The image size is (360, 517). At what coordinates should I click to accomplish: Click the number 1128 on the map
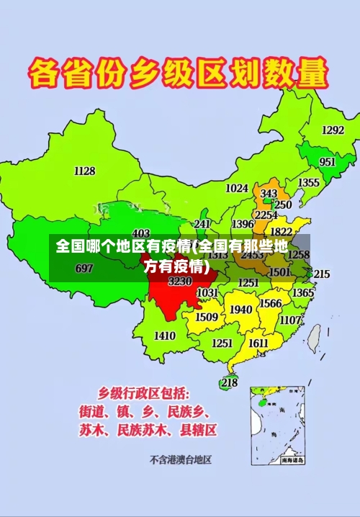84,171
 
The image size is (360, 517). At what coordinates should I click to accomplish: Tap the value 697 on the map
84,269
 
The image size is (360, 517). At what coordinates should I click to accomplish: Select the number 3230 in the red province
180,282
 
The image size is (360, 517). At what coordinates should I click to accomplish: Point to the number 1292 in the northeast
333,130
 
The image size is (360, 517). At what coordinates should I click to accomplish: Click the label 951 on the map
328,162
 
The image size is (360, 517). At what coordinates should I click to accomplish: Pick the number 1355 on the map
309,183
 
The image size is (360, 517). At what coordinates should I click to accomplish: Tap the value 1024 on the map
237,188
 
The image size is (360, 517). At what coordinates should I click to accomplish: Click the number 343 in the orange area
269,194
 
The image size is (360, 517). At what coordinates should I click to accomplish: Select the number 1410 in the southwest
165,336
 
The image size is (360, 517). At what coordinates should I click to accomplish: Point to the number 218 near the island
229,382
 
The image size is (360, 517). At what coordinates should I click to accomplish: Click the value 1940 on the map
240,310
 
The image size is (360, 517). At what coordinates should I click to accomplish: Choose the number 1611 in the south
258,343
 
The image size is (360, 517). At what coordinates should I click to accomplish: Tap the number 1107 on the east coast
290,320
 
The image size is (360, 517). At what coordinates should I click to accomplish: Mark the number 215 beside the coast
321,274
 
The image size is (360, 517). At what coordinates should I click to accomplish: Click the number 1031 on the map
207,293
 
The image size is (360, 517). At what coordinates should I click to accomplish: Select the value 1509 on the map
207,317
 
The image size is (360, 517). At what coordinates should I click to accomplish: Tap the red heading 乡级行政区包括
144,393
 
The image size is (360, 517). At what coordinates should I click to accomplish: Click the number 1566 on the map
270,303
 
